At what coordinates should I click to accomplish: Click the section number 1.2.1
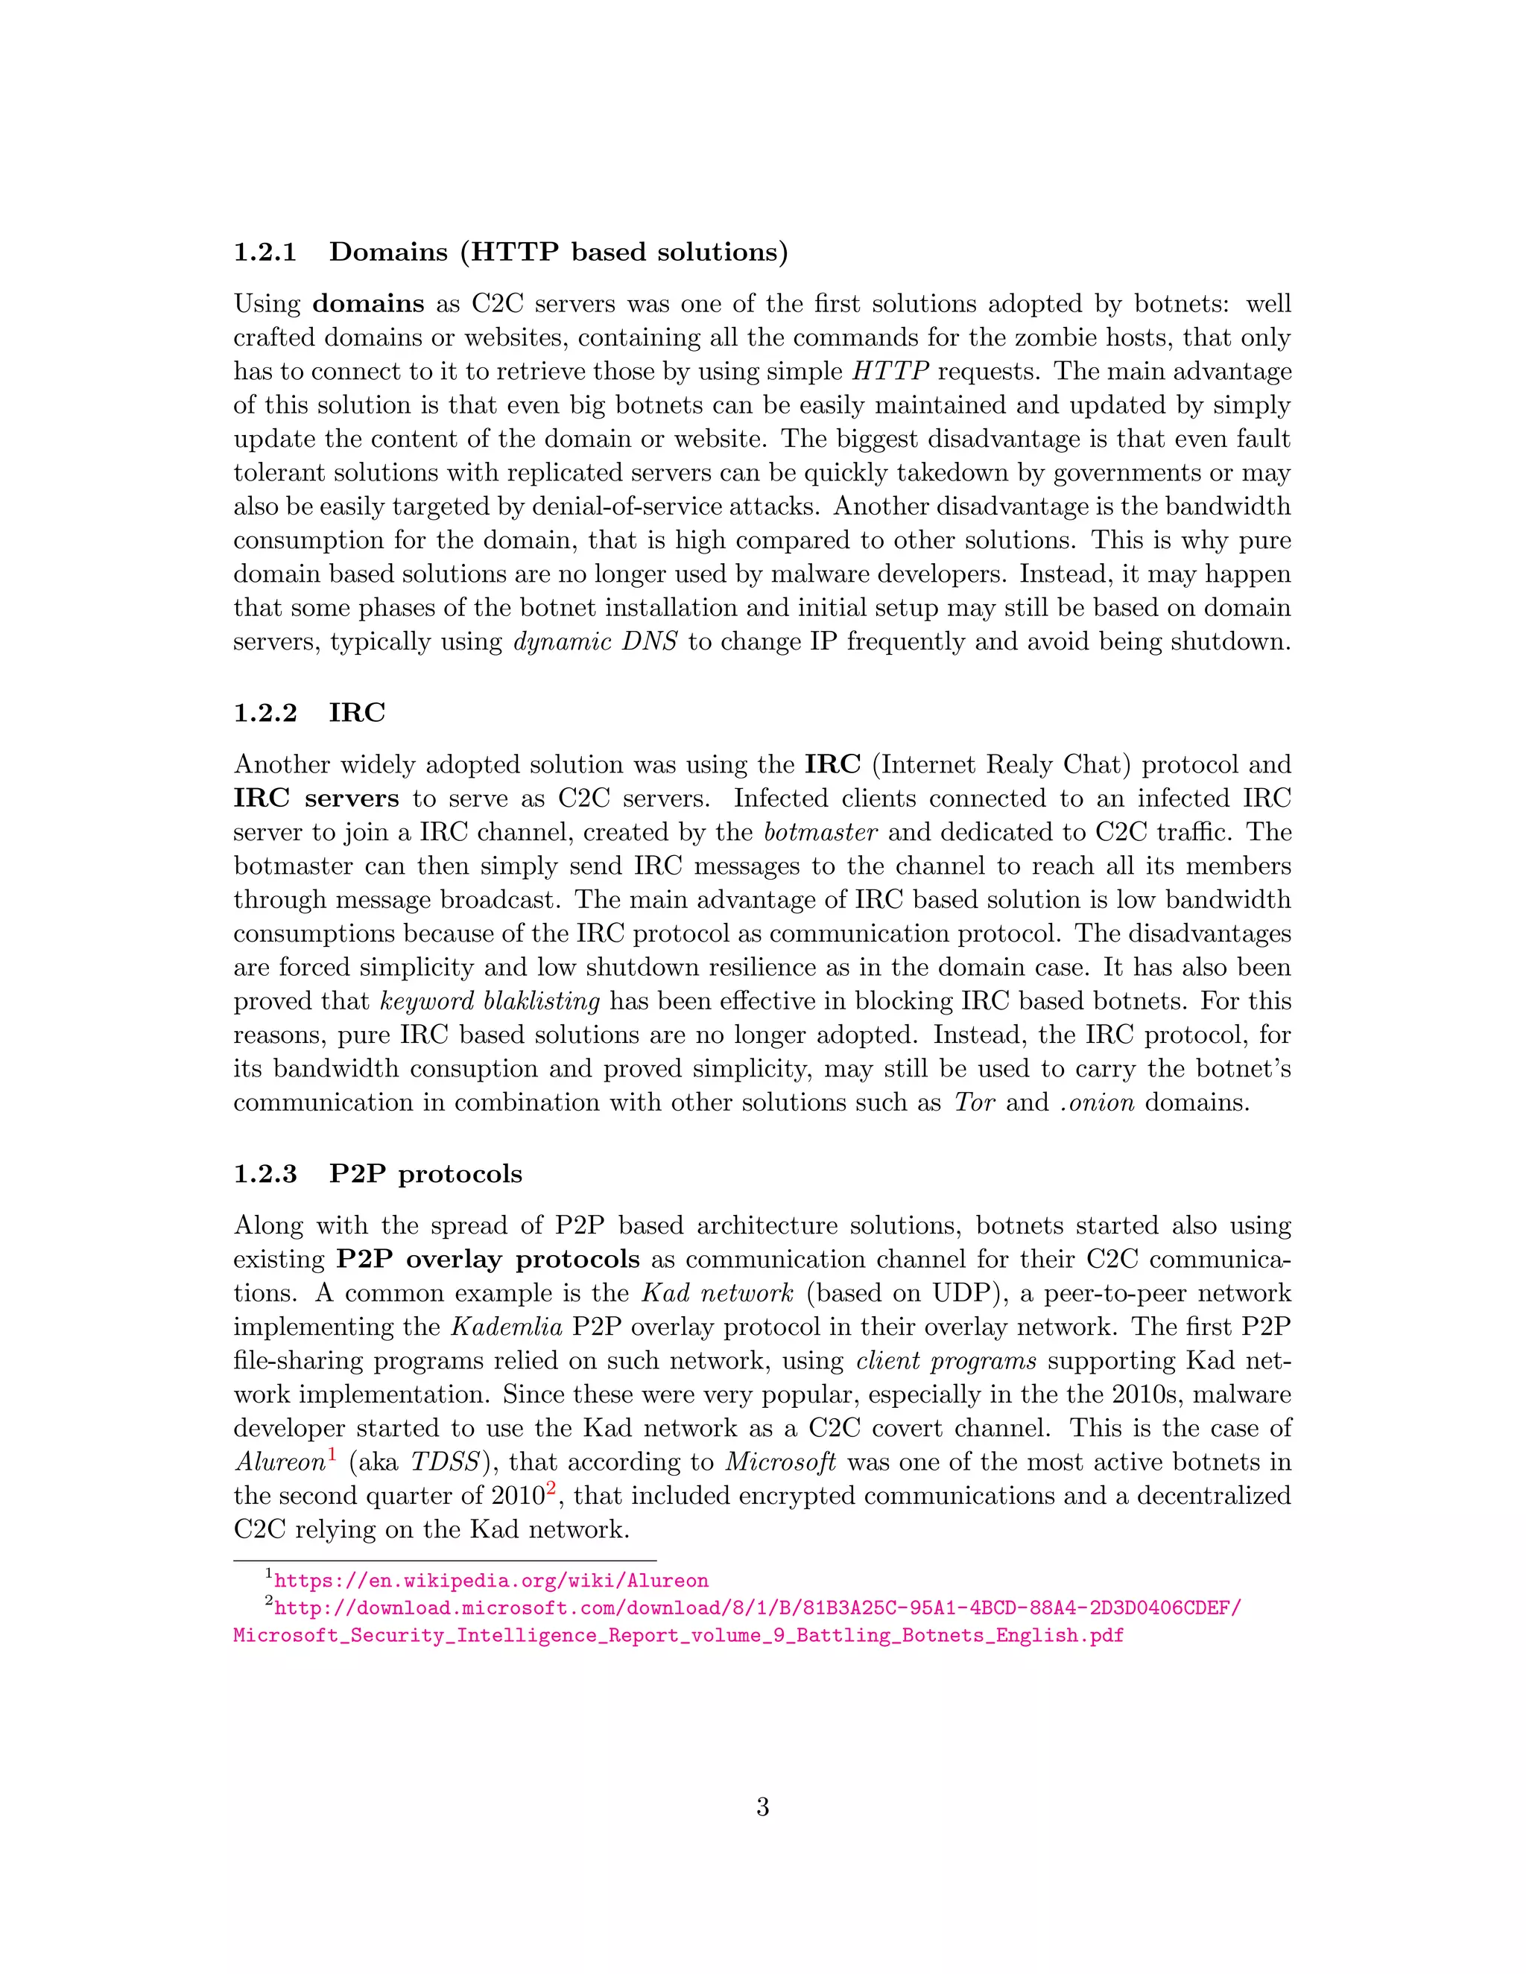point(265,253)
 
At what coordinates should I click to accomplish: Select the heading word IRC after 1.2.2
point(357,713)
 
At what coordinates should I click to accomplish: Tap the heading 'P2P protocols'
point(425,1174)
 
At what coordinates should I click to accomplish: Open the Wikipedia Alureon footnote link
point(491,1581)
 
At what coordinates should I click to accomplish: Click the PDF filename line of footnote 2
point(678,1635)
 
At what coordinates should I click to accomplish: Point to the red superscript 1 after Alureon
point(332,1454)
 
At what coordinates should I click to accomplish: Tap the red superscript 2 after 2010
point(550,1488)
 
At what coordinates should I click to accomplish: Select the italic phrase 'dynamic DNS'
point(595,641)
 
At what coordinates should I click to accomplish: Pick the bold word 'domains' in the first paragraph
point(368,304)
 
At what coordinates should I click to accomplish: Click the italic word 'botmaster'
point(820,833)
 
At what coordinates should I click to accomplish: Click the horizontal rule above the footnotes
point(445,1560)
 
